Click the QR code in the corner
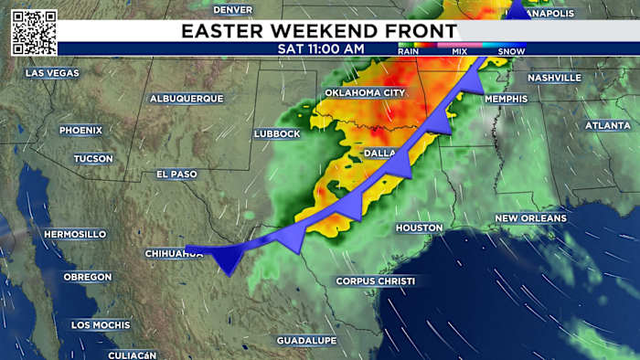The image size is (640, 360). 34,33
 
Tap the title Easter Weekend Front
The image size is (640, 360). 318,31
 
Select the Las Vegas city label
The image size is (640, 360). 52,72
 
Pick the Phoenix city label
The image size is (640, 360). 81,131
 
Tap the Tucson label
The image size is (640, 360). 94,159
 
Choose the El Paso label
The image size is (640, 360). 176,174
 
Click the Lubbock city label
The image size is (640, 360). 277,134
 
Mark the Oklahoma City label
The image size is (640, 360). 367,94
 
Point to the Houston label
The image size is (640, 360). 420,228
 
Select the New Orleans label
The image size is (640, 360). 530,218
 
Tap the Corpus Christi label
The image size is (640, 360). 375,281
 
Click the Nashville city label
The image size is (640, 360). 554,78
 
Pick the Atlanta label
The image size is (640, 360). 607,125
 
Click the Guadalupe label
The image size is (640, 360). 307,341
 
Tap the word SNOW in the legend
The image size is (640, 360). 511,51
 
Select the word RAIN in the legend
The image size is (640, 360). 409,51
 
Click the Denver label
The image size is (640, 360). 232,9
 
